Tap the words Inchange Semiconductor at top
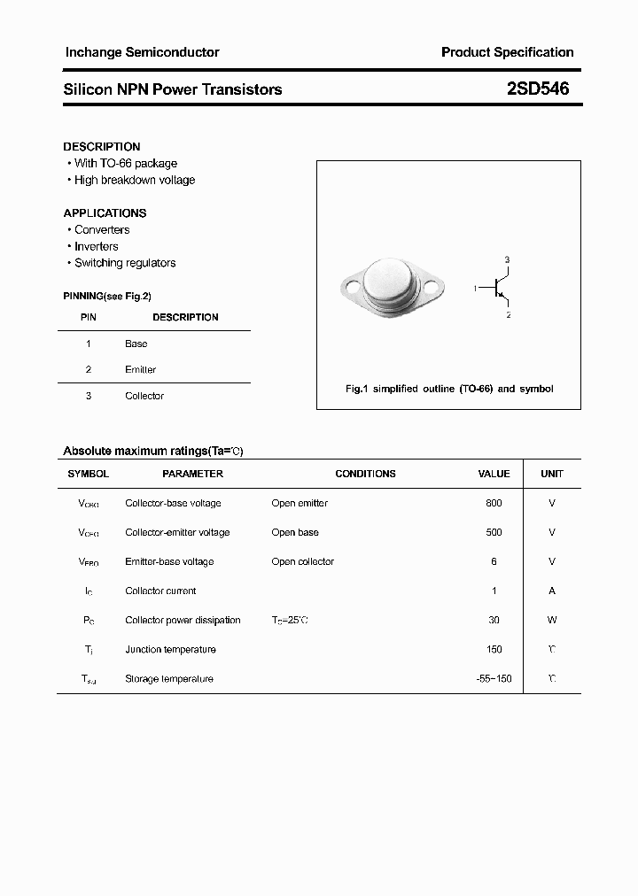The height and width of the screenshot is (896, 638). coord(142,52)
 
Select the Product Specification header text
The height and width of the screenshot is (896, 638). coord(507,52)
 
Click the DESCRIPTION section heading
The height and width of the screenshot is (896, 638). coord(102,147)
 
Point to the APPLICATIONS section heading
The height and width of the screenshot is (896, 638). coord(105,213)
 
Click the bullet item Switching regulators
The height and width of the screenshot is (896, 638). coord(125,263)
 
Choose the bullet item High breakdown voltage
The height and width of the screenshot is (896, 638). coord(135,180)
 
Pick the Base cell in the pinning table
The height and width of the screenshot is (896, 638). coord(136,344)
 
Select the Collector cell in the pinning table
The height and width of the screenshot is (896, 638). coord(144,396)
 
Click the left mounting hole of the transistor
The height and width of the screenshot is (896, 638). coord(352,287)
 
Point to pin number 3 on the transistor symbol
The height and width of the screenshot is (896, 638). coord(507,259)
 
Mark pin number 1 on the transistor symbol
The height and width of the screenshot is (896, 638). coord(476,288)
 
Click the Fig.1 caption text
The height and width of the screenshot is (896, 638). coord(448,389)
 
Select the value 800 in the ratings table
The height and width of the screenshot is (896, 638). coord(494,503)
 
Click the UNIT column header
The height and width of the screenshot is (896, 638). coord(552,474)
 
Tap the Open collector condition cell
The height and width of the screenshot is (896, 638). coord(303,561)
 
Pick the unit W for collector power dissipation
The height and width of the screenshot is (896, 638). coord(552,620)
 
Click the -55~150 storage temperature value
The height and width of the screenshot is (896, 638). coord(494,678)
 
